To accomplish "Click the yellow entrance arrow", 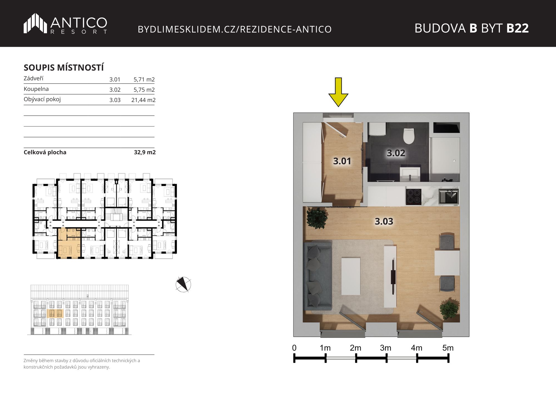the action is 338,92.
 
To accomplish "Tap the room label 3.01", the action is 342,161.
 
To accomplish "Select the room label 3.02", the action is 396,153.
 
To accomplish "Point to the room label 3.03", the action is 384,221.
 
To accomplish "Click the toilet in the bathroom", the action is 409,136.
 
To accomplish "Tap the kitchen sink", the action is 448,196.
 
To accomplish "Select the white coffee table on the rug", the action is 351,276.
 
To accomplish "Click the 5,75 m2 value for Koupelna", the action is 144,89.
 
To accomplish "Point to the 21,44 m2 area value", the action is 143,100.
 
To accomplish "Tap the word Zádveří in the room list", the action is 33,78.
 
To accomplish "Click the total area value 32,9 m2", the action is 145,152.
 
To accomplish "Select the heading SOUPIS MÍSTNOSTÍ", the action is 64,68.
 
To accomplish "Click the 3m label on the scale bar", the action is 386,348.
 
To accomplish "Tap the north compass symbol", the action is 183,284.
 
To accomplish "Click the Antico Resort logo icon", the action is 35,23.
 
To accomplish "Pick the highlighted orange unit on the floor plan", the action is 69,243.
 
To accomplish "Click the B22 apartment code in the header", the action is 517,28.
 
